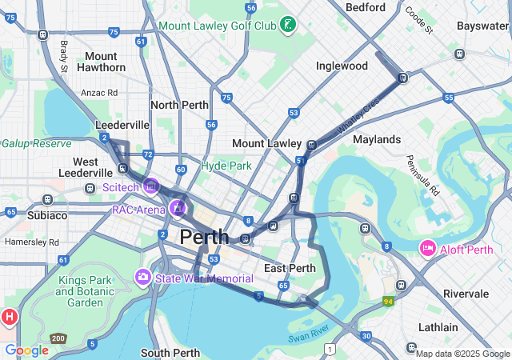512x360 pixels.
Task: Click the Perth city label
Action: pos(204,237)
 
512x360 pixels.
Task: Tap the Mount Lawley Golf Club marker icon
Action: pos(286,26)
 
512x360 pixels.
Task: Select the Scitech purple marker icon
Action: pos(151,187)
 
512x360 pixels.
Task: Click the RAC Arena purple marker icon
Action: pos(177,210)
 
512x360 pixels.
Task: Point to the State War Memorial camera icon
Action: pos(143,278)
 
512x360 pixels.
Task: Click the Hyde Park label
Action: pos(226,166)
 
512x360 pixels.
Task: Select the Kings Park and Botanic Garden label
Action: pos(91,291)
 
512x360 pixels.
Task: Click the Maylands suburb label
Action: pos(376,139)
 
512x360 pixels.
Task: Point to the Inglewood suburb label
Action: pos(342,66)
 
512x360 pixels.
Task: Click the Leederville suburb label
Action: pos(122,125)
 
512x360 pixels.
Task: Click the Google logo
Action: pos(26,350)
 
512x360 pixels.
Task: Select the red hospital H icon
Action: pos(10,317)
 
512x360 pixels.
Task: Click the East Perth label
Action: pos(290,268)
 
